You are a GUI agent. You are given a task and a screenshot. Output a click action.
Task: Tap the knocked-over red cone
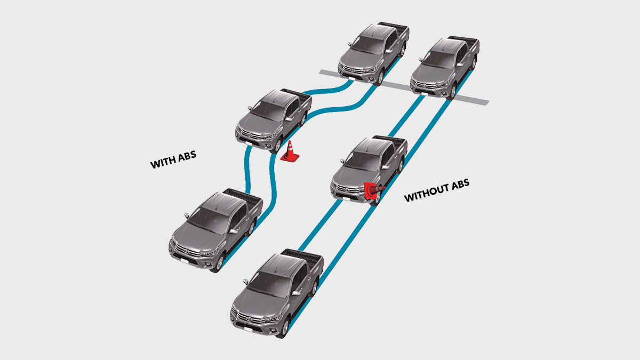tap(373, 190)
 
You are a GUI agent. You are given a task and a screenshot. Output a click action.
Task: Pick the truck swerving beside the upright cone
tap(273, 120)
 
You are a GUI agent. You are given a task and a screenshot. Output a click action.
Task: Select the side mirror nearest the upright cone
tap(289, 118)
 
